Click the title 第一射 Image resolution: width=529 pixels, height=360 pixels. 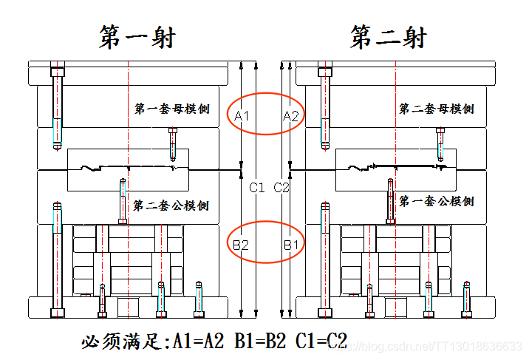137,37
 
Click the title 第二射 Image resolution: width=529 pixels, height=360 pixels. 389,37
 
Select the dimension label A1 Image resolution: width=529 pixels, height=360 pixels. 242,116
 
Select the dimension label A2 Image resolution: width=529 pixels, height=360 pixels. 291,116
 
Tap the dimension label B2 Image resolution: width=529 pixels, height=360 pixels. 240,244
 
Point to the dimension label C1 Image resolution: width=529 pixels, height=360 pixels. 257,188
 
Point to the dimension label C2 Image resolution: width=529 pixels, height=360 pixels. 282,188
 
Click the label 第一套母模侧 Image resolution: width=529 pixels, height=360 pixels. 171,109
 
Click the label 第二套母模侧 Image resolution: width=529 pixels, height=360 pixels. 437,109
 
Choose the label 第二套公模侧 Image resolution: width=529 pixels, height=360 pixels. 171,205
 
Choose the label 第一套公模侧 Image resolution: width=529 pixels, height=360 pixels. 437,200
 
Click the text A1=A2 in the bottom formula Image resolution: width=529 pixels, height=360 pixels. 199,342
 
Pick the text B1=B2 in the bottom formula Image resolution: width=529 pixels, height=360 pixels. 261,342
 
